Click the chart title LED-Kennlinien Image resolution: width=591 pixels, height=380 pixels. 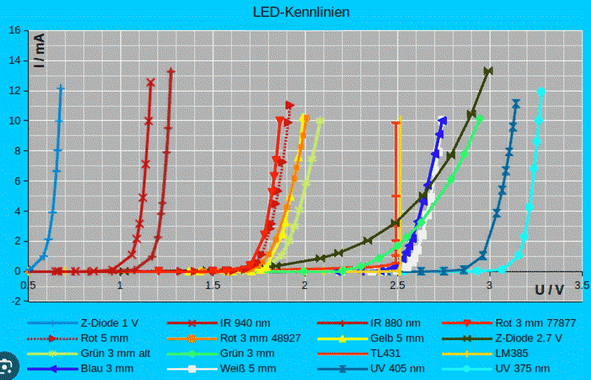point(301,12)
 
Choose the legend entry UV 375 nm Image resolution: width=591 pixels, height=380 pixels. point(522,368)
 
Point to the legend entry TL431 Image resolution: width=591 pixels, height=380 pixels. point(386,353)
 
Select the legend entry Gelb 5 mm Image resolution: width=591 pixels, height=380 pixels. point(397,339)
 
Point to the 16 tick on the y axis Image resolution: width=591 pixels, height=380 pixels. point(15,31)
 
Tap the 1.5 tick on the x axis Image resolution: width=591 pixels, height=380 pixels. point(213,286)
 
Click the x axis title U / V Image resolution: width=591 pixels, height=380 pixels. point(549,289)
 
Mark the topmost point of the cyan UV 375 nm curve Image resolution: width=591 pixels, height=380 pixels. point(541,91)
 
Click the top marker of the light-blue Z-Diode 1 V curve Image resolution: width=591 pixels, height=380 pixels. point(61,88)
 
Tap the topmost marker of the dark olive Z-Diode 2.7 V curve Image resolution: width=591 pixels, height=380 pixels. point(488,71)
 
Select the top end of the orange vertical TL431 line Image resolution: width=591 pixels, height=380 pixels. point(398,120)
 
